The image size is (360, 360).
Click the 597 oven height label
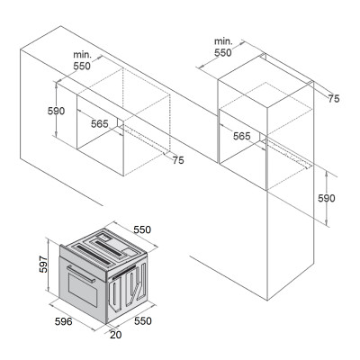click(43, 264)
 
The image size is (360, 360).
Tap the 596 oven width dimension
click(64, 321)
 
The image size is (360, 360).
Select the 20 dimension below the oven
click(116, 335)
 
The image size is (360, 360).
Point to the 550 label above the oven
click(142, 229)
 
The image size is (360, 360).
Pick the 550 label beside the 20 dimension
click(143, 321)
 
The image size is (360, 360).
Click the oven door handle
click(81, 274)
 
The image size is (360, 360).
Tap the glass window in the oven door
click(83, 290)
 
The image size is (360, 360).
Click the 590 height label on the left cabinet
click(56, 111)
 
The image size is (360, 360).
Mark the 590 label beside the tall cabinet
click(327, 198)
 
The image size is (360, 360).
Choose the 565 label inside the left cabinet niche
click(100, 123)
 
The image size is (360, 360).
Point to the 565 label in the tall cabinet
click(242, 136)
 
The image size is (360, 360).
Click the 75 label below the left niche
click(178, 160)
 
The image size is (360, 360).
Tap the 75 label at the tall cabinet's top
click(334, 99)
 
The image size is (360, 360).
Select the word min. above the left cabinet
click(82, 55)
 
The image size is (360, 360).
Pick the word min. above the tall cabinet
click(223, 41)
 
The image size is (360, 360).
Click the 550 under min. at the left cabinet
click(82, 66)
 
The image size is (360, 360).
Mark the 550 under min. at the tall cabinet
click(223, 52)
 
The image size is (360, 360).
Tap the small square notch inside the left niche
click(121, 123)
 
